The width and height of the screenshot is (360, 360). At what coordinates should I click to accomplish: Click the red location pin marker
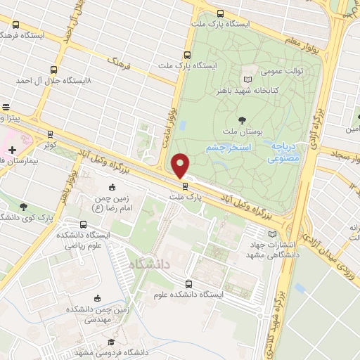[x=180, y=165]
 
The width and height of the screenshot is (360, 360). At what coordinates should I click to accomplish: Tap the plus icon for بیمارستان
[x=12, y=149]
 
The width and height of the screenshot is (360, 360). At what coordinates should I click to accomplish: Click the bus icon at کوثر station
[x=50, y=133]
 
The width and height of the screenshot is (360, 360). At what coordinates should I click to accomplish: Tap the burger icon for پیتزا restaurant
[x=6, y=108]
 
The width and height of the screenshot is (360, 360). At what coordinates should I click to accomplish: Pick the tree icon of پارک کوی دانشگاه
[x=24, y=207]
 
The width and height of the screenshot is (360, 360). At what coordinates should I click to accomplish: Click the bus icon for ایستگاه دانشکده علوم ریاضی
[x=84, y=224]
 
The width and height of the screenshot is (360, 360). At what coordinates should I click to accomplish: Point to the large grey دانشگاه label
[x=151, y=263]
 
